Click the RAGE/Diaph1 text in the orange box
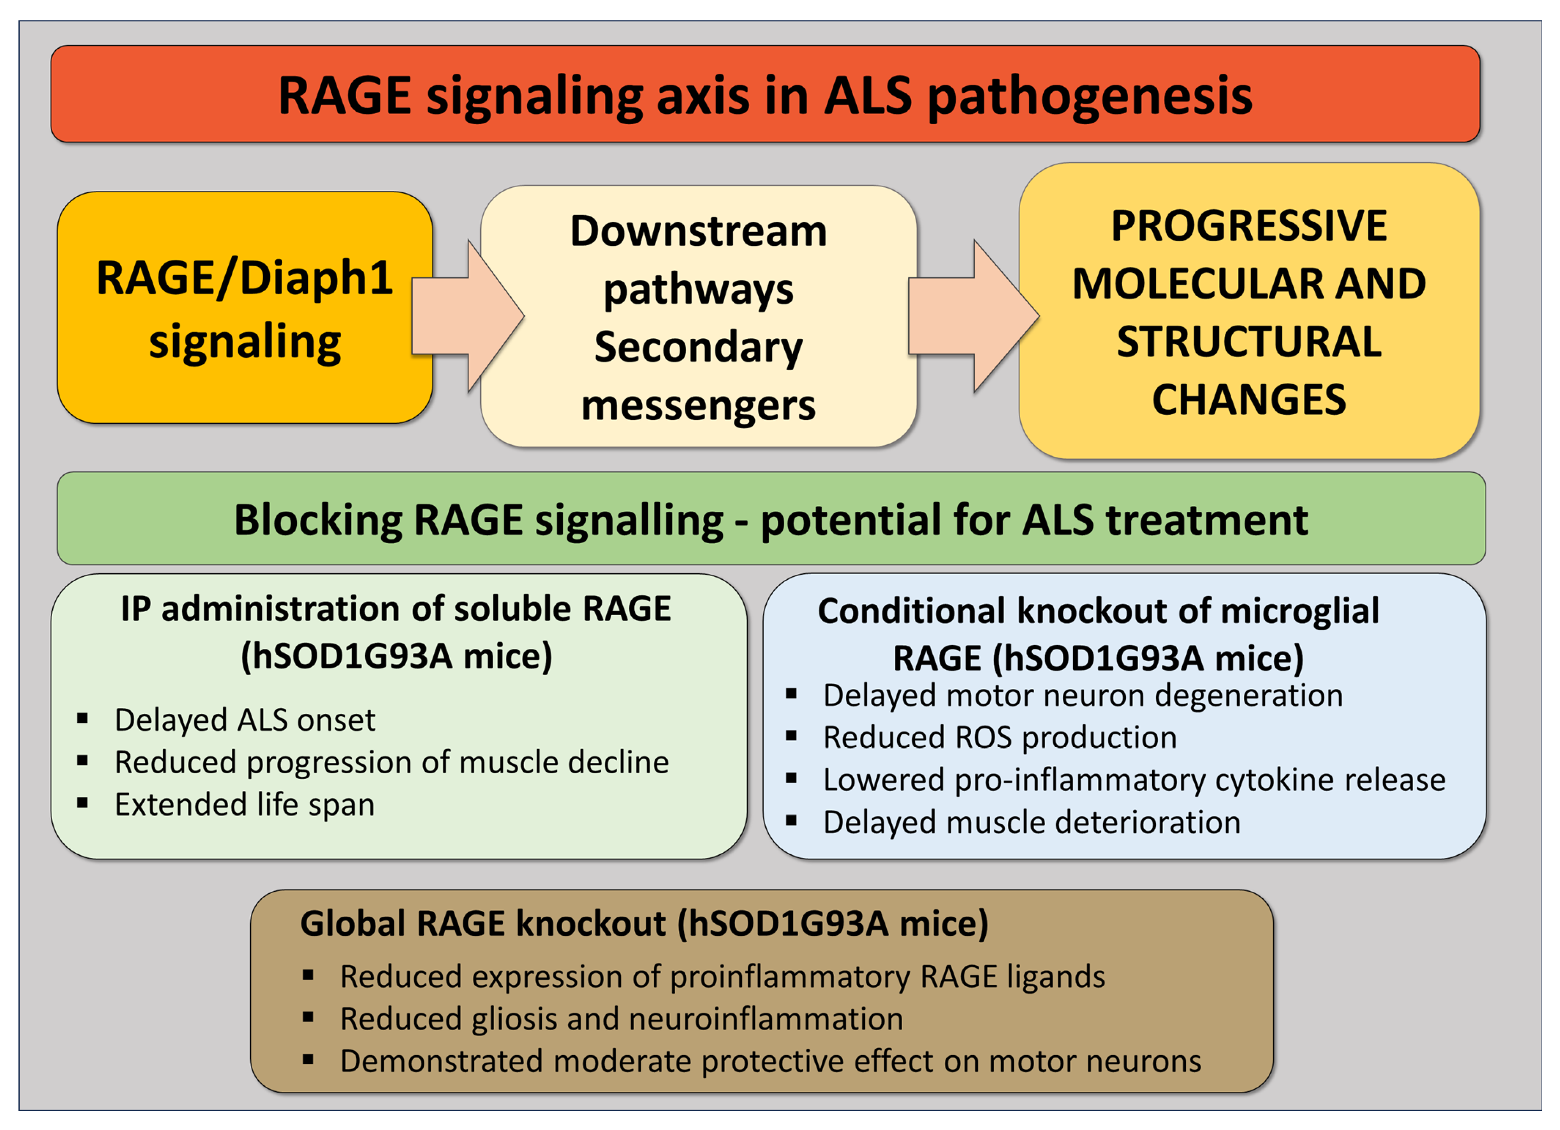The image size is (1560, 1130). coord(244,278)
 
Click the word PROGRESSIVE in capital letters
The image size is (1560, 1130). coord(1248,225)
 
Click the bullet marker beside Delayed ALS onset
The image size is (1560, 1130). coord(83,719)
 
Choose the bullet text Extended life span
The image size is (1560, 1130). coord(244,805)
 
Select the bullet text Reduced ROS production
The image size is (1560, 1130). coord(999,737)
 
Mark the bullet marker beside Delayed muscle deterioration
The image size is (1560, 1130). coord(791,820)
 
